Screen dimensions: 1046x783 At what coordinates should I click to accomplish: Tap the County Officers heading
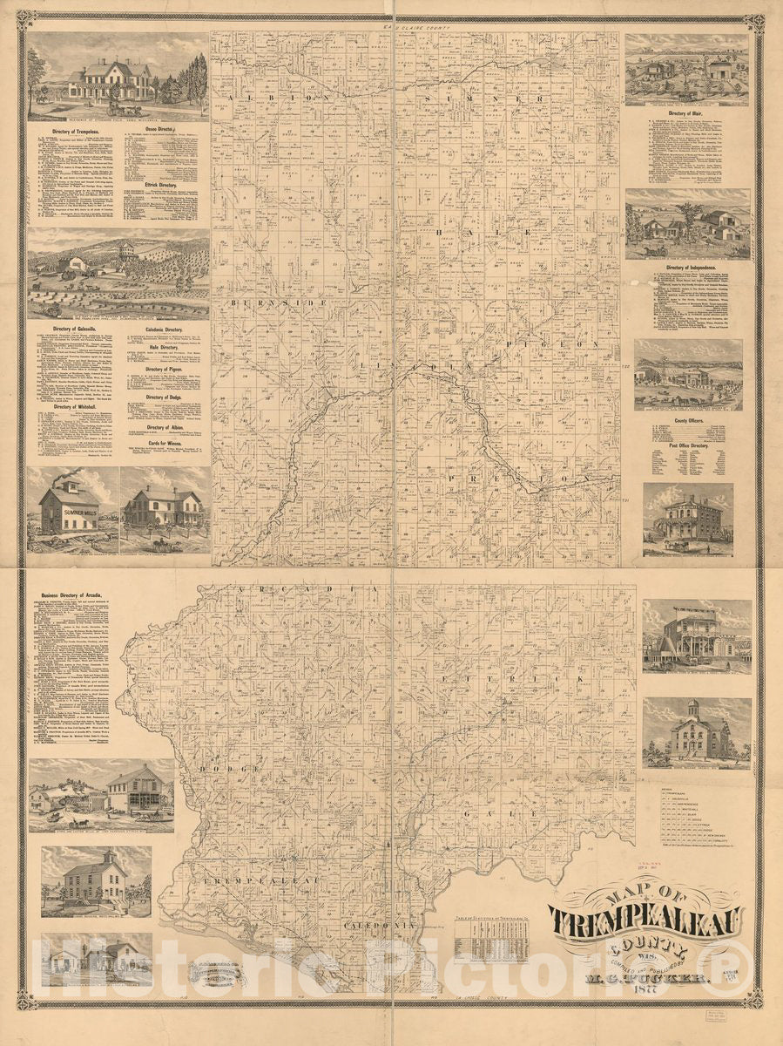[687, 420]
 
